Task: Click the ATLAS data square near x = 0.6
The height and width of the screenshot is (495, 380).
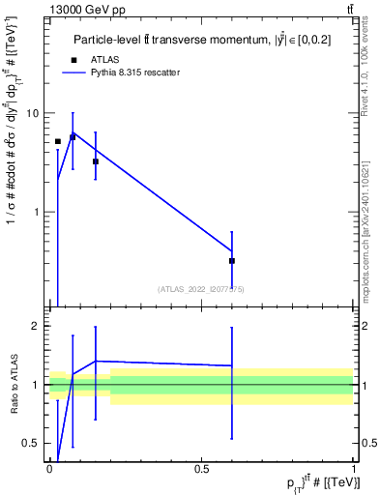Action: coord(232,261)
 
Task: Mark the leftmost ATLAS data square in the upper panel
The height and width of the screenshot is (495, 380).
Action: coord(57,141)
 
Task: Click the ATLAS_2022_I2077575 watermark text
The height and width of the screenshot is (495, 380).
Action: coord(201,288)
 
